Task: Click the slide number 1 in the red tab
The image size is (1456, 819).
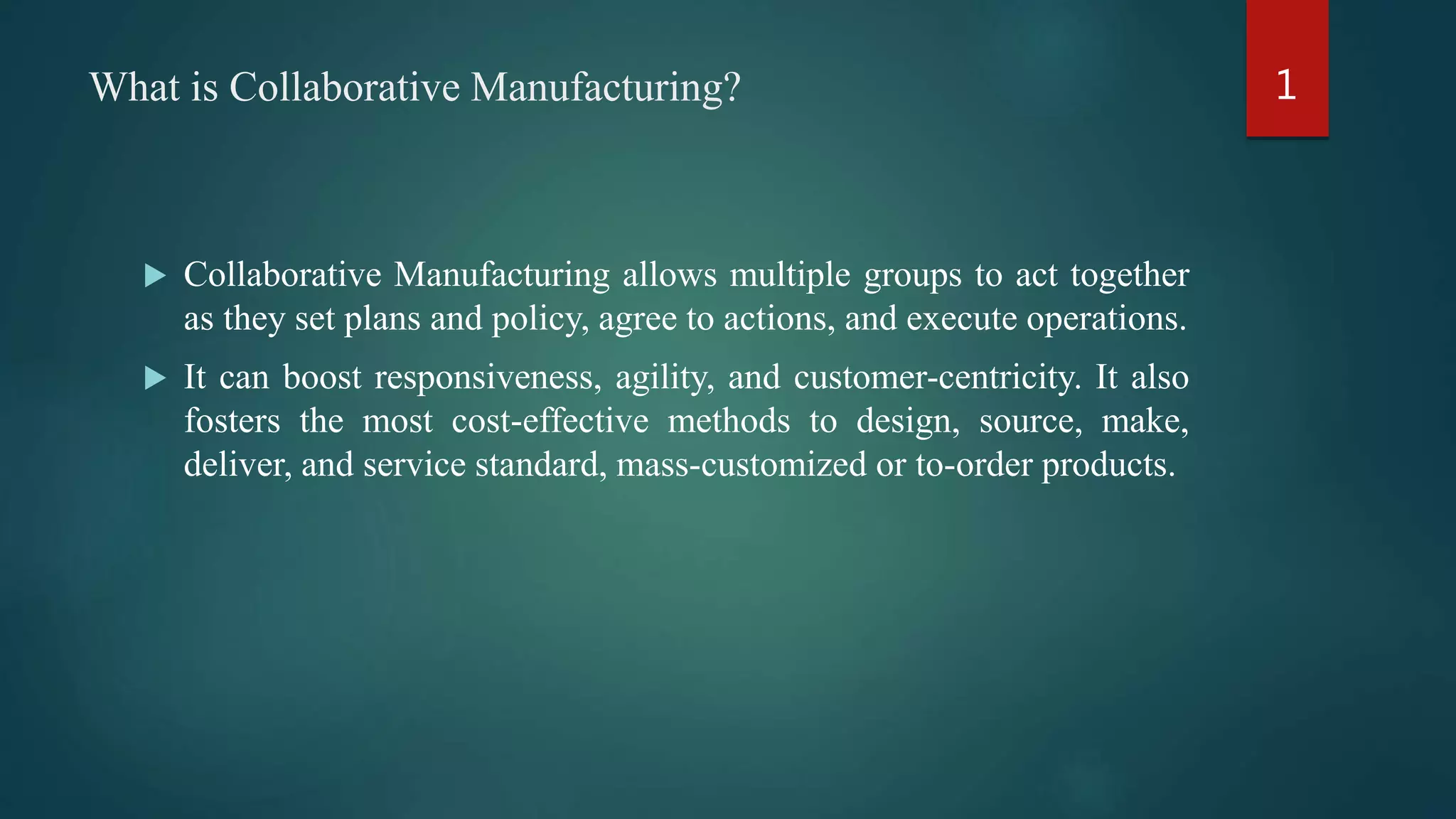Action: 1286,85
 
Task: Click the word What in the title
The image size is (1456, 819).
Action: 135,87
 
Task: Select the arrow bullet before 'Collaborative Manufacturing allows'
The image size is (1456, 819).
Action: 155,276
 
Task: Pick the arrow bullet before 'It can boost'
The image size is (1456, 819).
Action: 155,378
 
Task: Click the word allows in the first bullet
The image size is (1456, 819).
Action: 670,275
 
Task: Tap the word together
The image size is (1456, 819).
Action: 1130,276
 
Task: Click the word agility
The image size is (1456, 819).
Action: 665,378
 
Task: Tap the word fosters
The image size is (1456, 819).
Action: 232,422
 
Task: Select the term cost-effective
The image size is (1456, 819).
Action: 550,422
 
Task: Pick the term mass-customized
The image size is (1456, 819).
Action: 742,465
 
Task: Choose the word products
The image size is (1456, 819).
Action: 1108,466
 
